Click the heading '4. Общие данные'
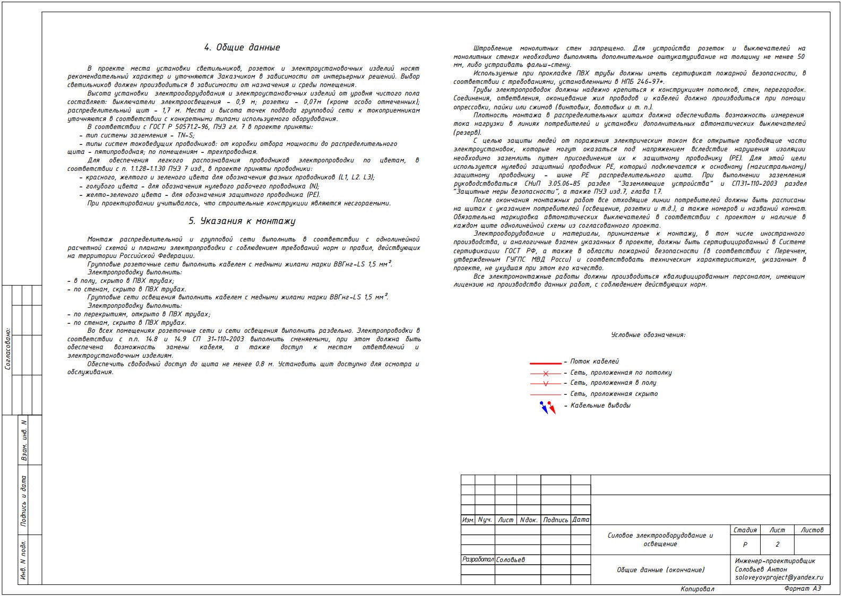tap(242, 47)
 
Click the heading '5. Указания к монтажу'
tap(242, 221)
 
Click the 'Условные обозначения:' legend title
tap(648, 335)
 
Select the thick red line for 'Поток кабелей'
tap(545, 363)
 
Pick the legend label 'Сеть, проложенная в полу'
tap(613, 383)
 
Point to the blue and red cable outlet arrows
tap(547, 407)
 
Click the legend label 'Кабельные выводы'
tap(600, 405)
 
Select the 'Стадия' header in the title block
tap(745, 530)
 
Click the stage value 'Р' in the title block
tap(745, 545)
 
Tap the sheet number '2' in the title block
tap(778, 545)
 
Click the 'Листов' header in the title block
tap(812, 530)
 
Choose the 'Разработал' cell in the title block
tap(478, 559)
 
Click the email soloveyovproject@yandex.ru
tap(779, 577)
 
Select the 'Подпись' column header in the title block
tap(555, 520)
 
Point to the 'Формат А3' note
tap(802, 589)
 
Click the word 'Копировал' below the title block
tap(697, 589)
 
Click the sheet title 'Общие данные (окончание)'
tap(660, 570)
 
